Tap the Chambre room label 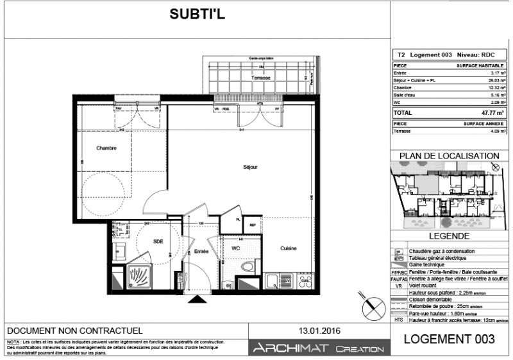tap(106, 148)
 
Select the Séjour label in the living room tap(250, 167)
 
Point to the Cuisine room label tap(288, 248)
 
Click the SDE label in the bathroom tap(158, 241)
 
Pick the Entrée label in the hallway tap(201, 252)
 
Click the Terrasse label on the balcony tap(261, 78)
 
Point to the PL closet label tap(238, 219)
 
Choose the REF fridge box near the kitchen tap(253, 225)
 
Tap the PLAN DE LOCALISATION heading tap(449, 156)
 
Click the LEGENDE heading tap(449, 237)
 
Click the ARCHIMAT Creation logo tap(319, 348)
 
